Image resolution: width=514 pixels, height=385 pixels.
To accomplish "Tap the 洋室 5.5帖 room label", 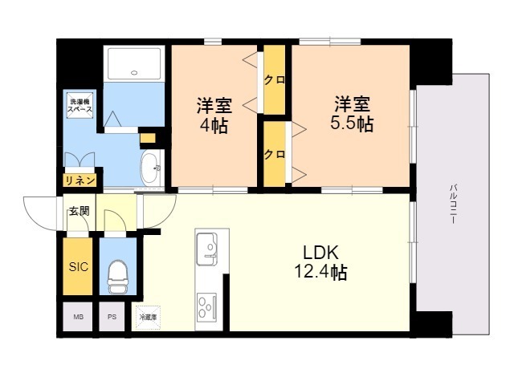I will pyautogui.click(x=353, y=114).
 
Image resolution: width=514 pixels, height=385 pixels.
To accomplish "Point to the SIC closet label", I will pyautogui.click(x=78, y=266).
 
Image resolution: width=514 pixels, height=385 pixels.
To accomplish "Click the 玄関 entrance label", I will pyautogui.click(x=79, y=211).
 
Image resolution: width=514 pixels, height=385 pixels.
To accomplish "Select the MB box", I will pyautogui.click(x=78, y=317).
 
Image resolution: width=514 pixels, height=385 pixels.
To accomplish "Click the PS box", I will pyautogui.click(x=111, y=317).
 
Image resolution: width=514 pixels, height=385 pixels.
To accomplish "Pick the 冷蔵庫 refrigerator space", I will pyautogui.click(x=146, y=317).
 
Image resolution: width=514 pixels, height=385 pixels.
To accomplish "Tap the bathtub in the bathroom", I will pyautogui.click(x=135, y=62).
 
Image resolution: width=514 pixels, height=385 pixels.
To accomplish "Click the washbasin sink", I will pyautogui.click(x=150, y=168).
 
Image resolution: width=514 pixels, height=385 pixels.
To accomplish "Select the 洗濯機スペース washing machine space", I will pyautogui.click(x=79, y=106).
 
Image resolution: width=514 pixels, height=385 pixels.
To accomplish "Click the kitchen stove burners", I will pyautogui.click(x=206, y=306).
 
